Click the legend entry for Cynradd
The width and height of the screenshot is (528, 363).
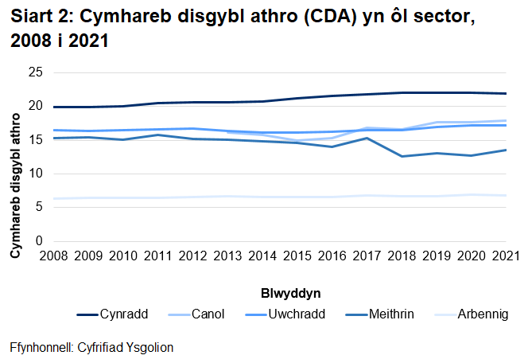click(122, 314)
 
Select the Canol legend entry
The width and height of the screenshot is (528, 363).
click(208, 314)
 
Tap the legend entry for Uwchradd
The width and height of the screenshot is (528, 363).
click(298, 314)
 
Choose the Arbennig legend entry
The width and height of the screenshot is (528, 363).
click(482, 314)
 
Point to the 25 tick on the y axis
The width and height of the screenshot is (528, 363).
click(35, 72)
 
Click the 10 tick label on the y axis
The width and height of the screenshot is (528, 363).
click(35, 174)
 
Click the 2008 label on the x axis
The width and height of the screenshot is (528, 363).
click(52, 256)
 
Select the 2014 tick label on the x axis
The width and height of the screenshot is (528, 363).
click(262, 256)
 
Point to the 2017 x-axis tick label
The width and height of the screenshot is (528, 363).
click(367, 256)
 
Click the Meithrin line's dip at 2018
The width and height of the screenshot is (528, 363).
click(402, 156)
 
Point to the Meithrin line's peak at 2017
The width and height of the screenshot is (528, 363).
click(367, 138)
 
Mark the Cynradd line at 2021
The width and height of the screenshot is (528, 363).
click(507, 93)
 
